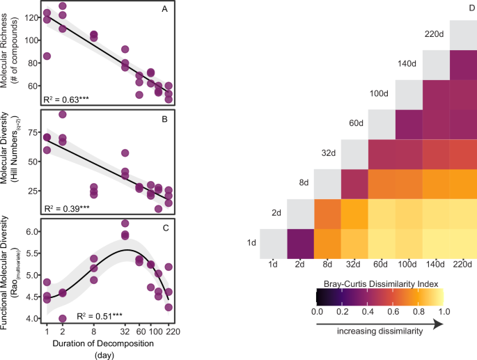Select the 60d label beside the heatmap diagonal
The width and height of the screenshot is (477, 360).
click(356, 123)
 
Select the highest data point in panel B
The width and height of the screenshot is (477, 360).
click(62, 114)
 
